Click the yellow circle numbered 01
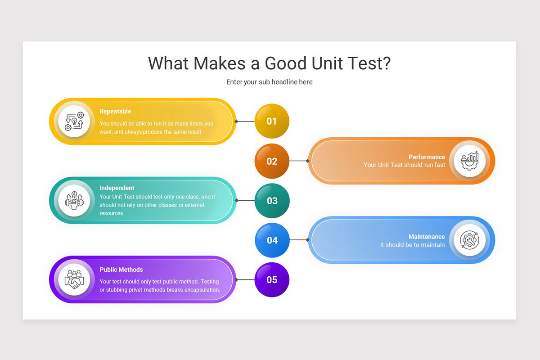click(x=272, y=121)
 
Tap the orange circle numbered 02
click(x=272, y=161)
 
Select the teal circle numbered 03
click(x=272, y=201)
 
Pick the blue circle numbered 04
click(x=272, y=240)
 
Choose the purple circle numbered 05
click(x=272, y=280)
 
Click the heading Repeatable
click(x=115, y=112)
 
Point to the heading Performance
click(x=427, y=157)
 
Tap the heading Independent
click(x=117, y=188)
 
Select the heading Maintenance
click(x=427, y=237)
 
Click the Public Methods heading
click(x=121, y=270)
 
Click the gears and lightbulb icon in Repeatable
click(x=75, y=121)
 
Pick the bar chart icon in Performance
click(x=470, y=161)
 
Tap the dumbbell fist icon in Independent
click(x=74, y=200)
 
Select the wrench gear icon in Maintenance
click(x=469, y=240)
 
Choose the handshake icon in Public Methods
click(x=74, y=279)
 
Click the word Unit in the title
click(x=327, y=63)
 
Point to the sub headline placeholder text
click(x=270, y=82)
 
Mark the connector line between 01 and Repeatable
click(x=245, y=121)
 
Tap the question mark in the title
click(x=386, y=63)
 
